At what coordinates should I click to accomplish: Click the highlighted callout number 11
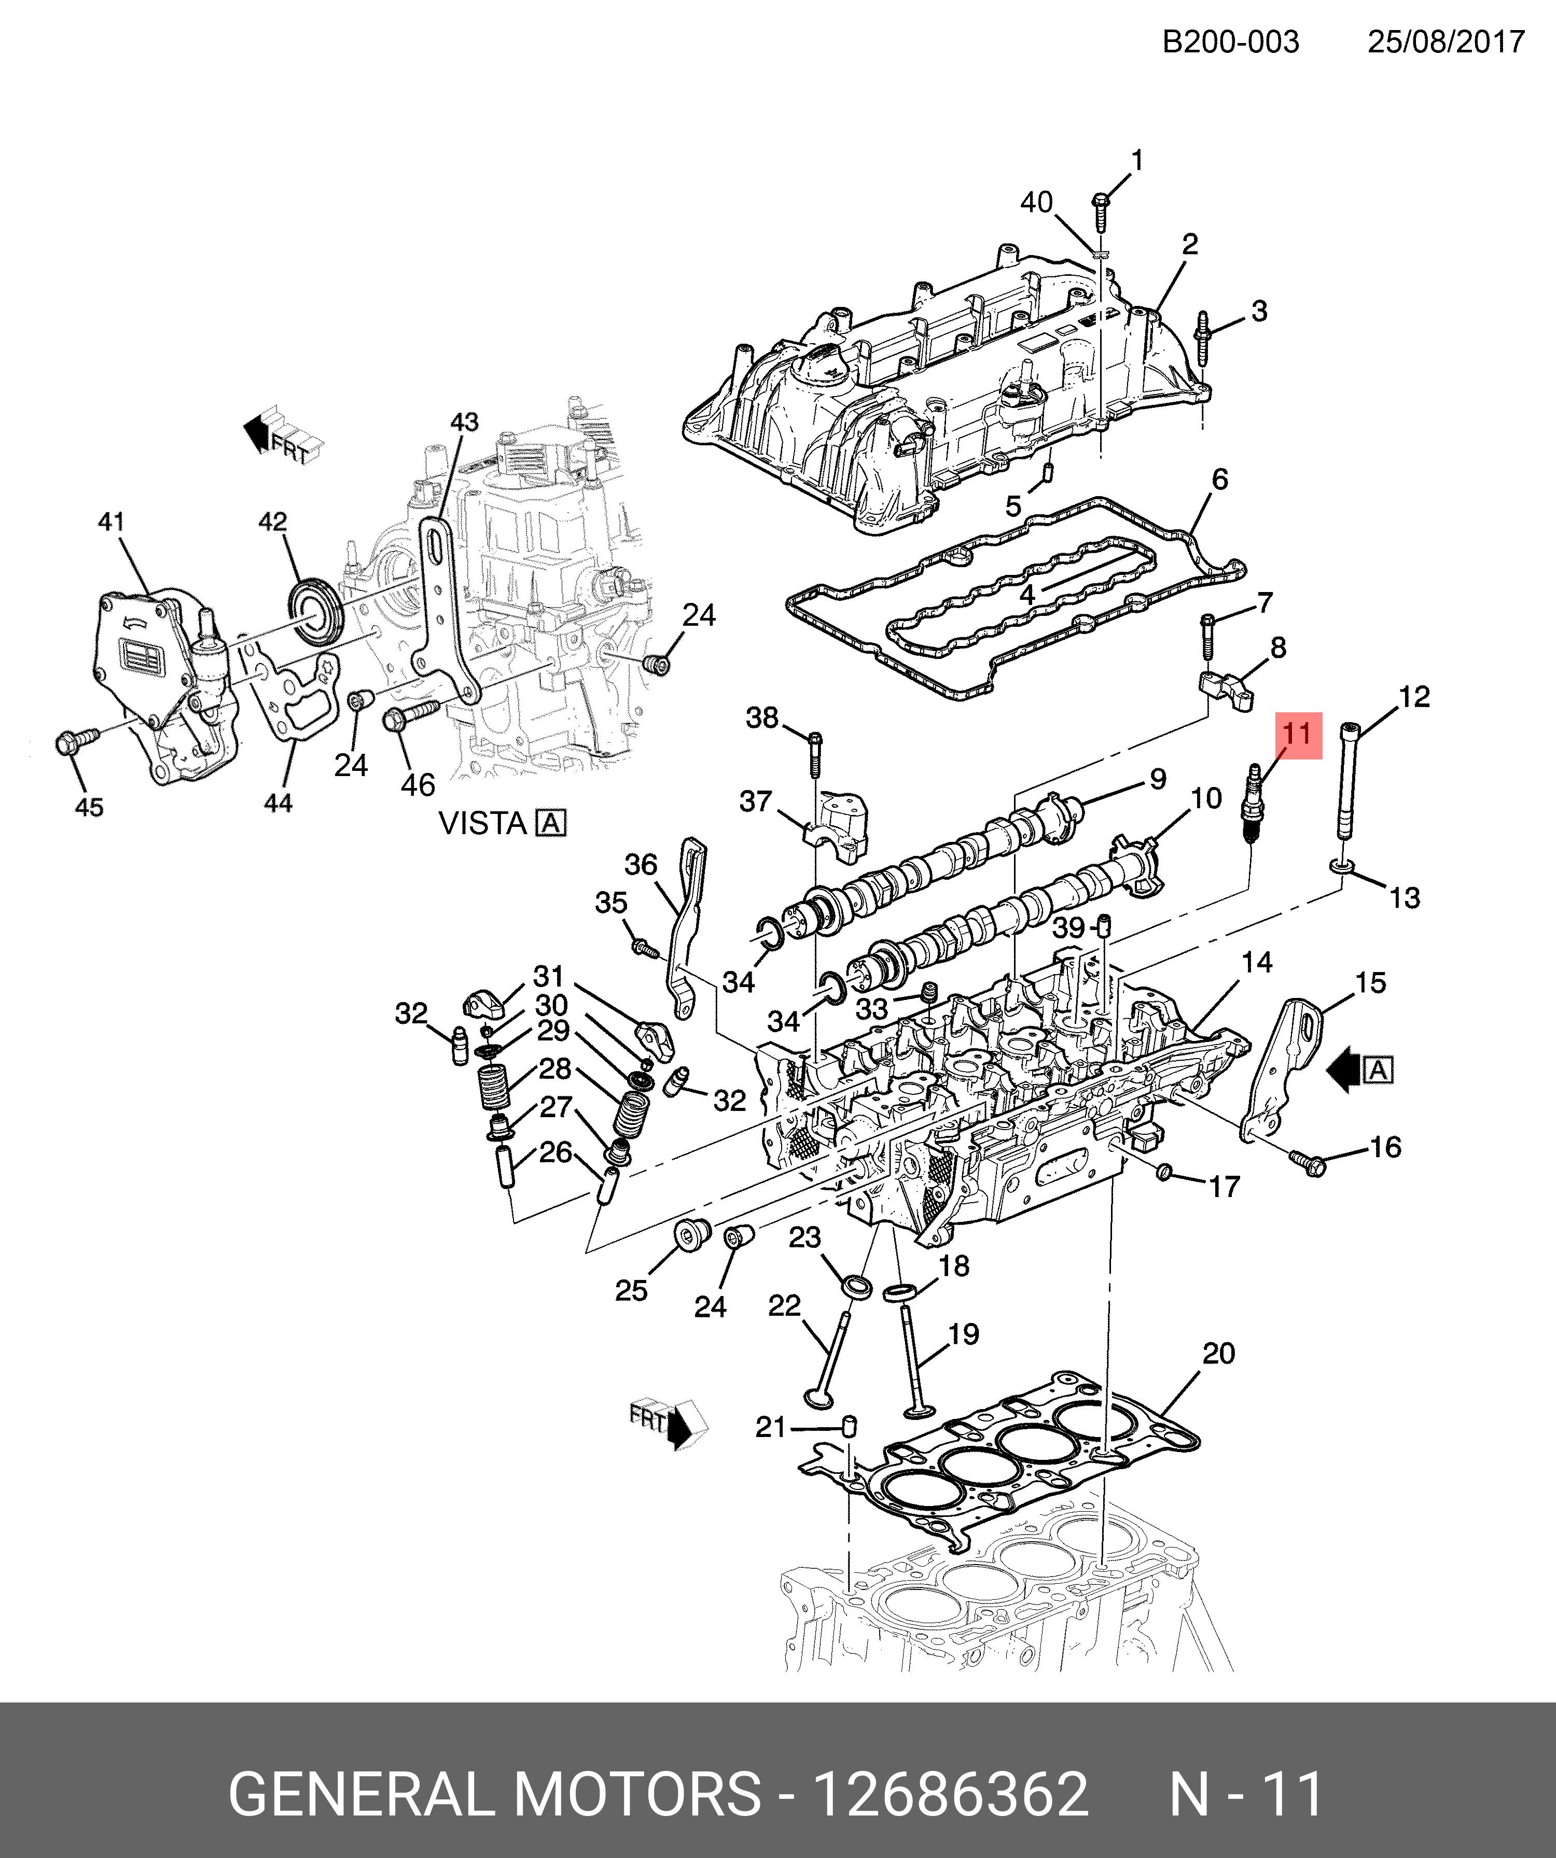[1298, 735]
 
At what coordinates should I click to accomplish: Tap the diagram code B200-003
[1230, 41]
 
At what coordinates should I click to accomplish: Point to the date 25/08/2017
[1446, 41]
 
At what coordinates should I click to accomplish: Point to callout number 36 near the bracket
[641, 864]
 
